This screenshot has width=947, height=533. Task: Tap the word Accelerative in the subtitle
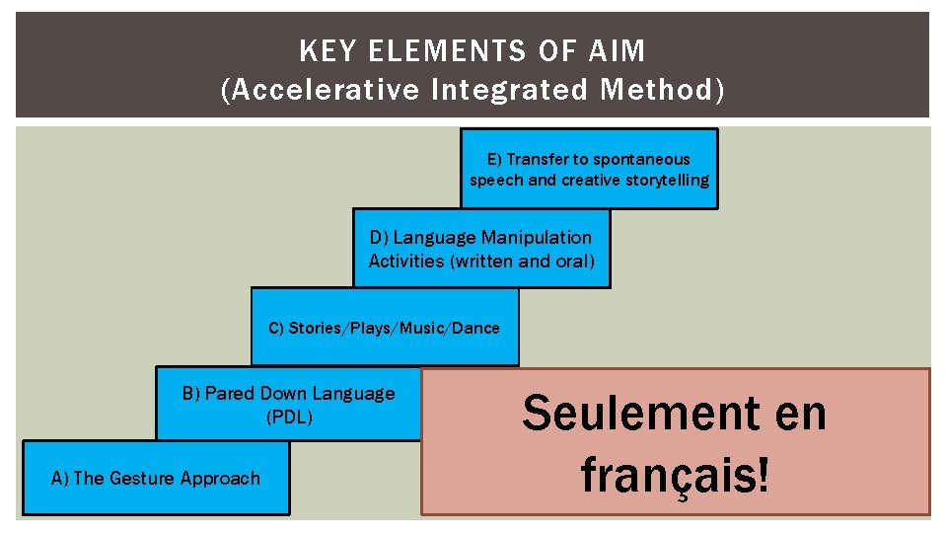click(x=321, y=90)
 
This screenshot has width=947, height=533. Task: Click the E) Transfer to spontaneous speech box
click(x=589, y=169)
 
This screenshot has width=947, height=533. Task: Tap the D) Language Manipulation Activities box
click(x=481, y=249)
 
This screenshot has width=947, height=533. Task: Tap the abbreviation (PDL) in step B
click(x=289, y=417)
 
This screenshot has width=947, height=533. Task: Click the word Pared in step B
click(x=227, y=394)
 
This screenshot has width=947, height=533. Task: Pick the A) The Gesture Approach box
click(x=156, y=478)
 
